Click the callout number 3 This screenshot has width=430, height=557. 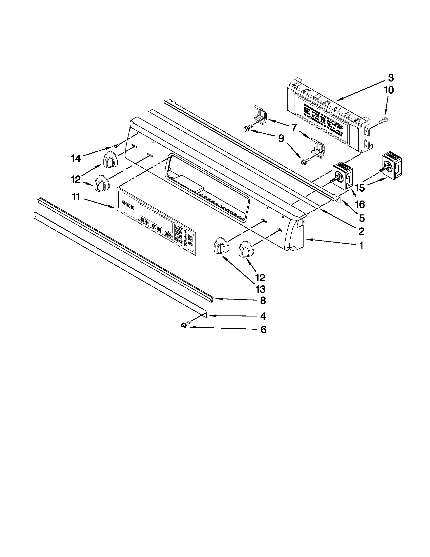point(391,78)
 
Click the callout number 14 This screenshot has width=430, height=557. point(76,159)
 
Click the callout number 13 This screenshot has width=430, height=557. point(260,289)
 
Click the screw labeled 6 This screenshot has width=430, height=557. point(183,325)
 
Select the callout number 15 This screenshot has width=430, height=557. point(360,188)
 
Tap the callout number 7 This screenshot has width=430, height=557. point(294,127)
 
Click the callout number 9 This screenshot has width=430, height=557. point(281,138)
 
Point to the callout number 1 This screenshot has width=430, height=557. point(361,245)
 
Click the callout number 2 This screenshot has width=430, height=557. point(361,231)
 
